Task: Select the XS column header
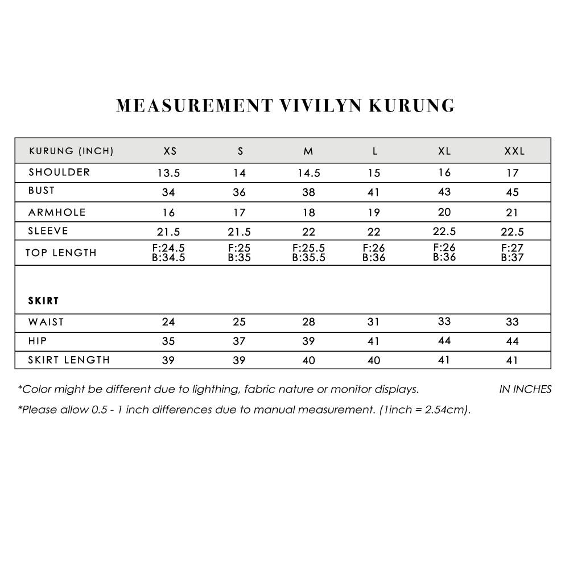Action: (x=170, y=151)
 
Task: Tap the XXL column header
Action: (x=514, y=151)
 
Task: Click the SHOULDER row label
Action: (x=59, y=172)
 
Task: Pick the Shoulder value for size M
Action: (x=308, y=173)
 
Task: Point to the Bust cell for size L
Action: (x=373, y=192)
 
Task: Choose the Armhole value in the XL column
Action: (x=444, y=212)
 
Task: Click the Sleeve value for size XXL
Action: (x=513, y=232)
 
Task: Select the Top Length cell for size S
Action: (x=240, y=253)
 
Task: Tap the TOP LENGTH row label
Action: (x=61, y=253)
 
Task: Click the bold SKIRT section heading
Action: (x=44, y=300)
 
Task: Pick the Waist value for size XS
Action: (x=168, y=322)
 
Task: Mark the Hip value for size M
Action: (x=308, y=341)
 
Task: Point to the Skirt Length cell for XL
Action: (x=444, y=360)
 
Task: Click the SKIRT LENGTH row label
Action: (x=69, y=360)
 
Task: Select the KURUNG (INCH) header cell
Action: (x=71, y=151)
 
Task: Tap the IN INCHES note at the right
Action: (x=525, y=390)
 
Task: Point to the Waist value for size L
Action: (x=373, y=322)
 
